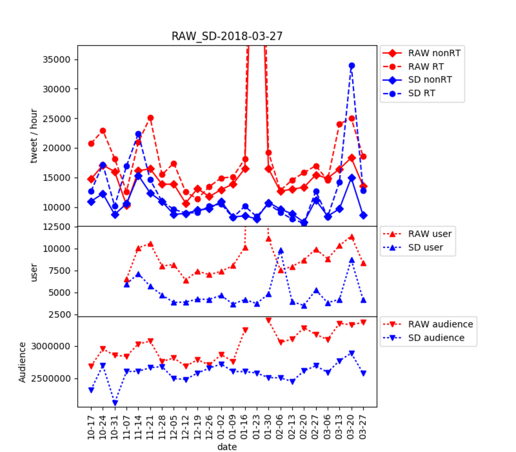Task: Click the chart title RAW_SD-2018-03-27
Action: [227, 36]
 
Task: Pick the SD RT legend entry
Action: [421, 93]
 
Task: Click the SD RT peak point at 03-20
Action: [352, 66]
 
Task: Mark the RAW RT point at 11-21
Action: [150, 118]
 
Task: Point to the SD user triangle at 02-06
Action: [281, 251]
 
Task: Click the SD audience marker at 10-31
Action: [115, 403]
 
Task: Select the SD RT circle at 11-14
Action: [139, 134]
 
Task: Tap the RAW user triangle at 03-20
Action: [352, 237]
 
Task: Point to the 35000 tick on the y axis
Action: [56, 60]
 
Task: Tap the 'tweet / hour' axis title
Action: [34, 136]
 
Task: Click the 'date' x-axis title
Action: [227, 447]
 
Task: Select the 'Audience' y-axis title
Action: [22, 362]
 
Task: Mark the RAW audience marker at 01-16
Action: [245, 330]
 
